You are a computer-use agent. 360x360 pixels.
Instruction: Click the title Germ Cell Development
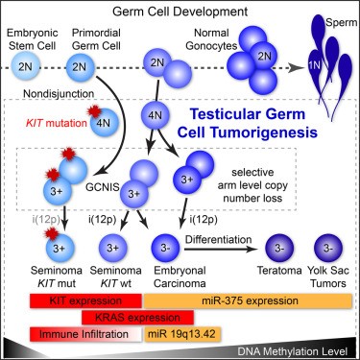(180, 11)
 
